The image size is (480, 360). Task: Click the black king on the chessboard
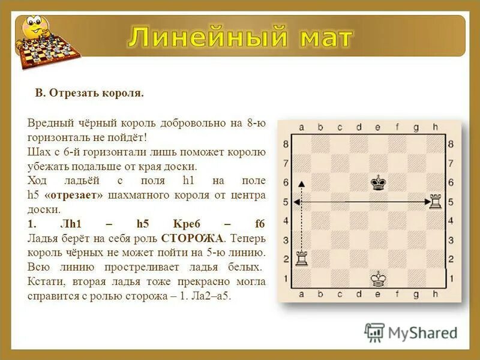click(x=377, y=182)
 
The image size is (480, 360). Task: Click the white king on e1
click(x=377, y=278)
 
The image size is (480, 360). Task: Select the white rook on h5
click(x=435, y=202)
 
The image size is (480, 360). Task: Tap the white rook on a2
click(x=301, y=259)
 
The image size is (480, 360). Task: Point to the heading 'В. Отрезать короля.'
click(x=89, y=94)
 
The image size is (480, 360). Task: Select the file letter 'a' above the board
click(x=301, y=127)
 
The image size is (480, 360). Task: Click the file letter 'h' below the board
click(x=435, y=295)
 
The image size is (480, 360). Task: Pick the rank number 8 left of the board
click(x=286, y=144)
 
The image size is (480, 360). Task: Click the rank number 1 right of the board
click(x=451, y=278)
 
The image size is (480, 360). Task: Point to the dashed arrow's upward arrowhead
click(x=302, y=184)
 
